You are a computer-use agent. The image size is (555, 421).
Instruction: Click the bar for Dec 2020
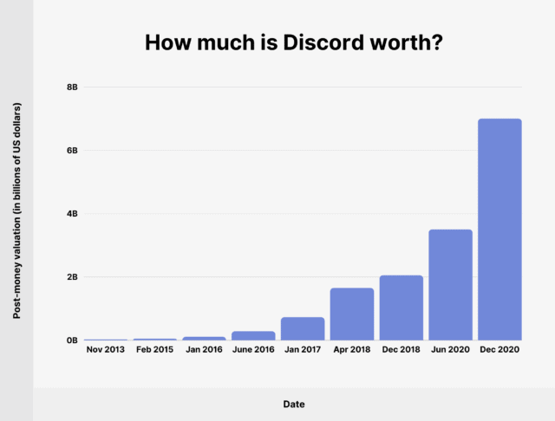[x=499, y=229]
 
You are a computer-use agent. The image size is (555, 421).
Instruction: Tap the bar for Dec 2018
[x=401, y=308]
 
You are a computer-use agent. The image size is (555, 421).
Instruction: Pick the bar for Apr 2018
[x=352, y=314]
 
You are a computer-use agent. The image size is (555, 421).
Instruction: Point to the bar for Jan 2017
[x=303, y=328]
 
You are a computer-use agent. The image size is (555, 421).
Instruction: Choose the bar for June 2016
[x=253, y=335]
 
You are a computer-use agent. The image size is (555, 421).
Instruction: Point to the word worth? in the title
[x=405, y=42]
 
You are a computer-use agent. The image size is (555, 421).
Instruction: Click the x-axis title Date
[x=293, y=404]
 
